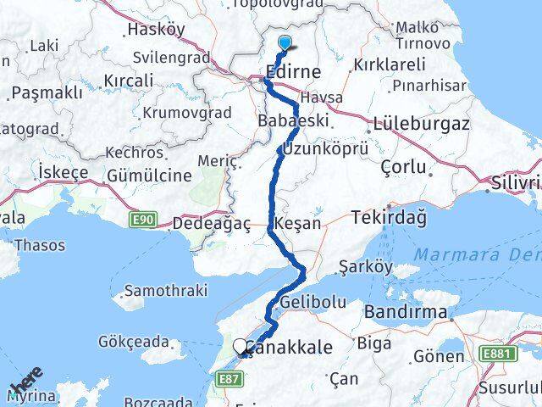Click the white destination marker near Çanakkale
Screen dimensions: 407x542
pyautogui.click(x=241, y=346)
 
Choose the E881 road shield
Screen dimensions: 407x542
pyautogui.click(x=499, y=353)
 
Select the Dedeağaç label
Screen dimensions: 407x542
pyautogui.click(x=211, y=225)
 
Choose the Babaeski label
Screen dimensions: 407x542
pyautogui.click(x=293, y=121)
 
